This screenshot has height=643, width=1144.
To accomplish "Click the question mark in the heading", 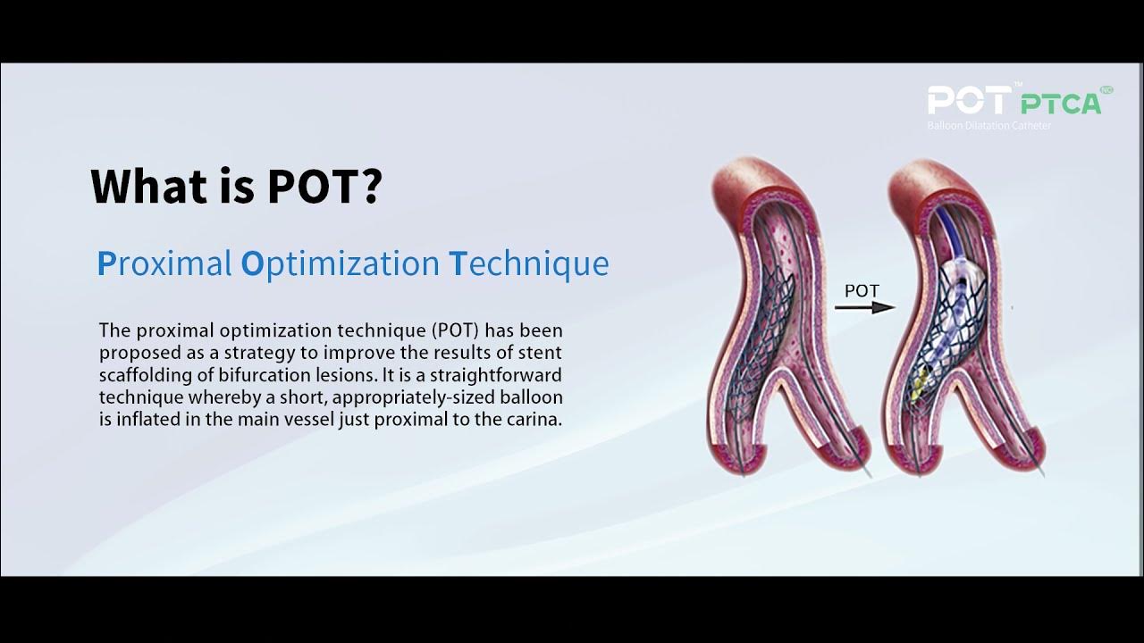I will tap(370, 185).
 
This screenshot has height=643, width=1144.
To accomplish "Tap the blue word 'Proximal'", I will tap(164, 264).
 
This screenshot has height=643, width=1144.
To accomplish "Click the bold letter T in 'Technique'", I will tap(457, 264).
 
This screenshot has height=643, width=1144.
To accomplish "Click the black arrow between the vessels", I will tap(864, 307).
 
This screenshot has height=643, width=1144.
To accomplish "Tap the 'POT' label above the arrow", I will tap(862, 290).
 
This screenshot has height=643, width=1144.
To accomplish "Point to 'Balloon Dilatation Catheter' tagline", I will tap(989, 126).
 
